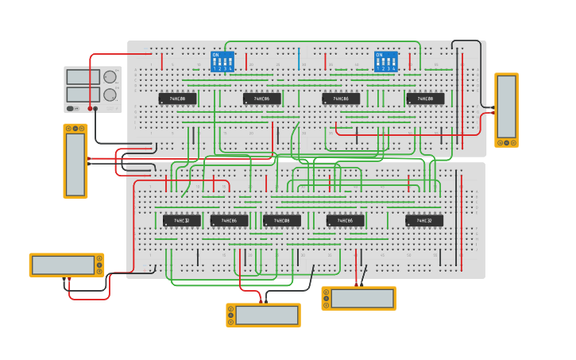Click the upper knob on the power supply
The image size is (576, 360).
(x=110, y=77)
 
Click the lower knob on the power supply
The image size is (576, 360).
(x=110, y=95)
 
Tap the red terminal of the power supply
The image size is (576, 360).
(x=91, y=108)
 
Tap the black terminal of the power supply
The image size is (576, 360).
(x=97, y=108)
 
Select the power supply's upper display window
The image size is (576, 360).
(x=83, y=77)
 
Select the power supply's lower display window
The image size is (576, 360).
(x=83, y=94)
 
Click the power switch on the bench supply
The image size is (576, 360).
(x=71, y=108)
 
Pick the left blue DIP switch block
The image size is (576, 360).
(x=222, y=62)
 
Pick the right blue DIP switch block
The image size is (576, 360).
(x=386, y=62)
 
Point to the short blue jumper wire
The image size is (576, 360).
(x=299, y=59)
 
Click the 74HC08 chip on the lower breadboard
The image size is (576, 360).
(x=282, y=220)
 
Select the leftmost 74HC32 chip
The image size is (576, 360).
(x=181, y=220)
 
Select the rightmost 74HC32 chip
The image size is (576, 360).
(x=424, y=220)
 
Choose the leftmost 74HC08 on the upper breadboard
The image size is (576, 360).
(x=177, y=99)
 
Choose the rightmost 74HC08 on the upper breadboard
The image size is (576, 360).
(x=425, y=99)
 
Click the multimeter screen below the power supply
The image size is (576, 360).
(x=75, y=165)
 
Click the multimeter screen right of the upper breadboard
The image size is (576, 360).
(x=506, y=107)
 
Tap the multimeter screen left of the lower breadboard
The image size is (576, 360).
(x=63, y=265)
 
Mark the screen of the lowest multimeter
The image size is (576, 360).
(x=267, y=315)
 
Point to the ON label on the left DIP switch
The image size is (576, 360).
(x=215, y=55)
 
